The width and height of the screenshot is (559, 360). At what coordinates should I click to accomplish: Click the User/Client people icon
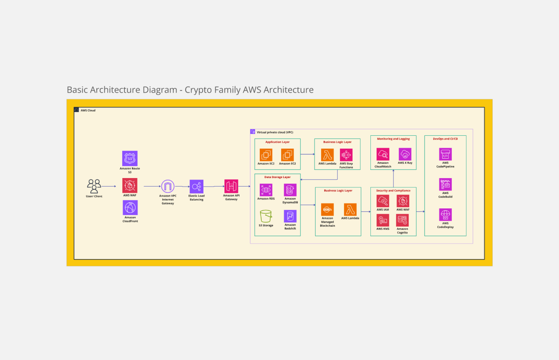coord(94,186)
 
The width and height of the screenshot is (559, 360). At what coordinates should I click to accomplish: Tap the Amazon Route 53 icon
coord(130,158)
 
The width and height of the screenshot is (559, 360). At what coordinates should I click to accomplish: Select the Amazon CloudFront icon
coord(130,208)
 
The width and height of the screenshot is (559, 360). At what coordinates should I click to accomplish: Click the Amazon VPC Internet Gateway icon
coord(168,186)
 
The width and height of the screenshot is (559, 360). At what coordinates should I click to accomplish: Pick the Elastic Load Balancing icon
coord(196,187)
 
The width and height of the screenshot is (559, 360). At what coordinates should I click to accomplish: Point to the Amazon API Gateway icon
coord(231,186)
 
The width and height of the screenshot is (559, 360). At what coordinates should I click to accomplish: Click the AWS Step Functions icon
coord(346,155)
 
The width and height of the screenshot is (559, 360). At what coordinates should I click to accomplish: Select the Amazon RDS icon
coord(266,190)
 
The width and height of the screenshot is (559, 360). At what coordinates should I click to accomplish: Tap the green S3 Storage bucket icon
coord(266,216)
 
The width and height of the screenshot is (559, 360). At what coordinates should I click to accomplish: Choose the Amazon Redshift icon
coord(290,216)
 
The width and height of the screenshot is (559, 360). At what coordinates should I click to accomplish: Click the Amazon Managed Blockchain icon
coord(327,209)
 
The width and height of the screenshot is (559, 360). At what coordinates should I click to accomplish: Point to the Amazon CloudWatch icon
coord(383,154)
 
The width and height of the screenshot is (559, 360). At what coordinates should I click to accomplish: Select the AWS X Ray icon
coord(405,154)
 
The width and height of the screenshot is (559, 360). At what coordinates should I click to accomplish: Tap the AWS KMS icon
coord(383,220)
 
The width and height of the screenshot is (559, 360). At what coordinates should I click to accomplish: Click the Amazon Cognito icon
coord(402,220)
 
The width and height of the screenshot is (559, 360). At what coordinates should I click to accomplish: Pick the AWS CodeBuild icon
coord(445,184)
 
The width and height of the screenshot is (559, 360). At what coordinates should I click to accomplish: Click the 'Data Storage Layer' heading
coord(277,177)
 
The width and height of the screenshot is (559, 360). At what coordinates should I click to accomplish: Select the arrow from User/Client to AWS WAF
coord(109,186)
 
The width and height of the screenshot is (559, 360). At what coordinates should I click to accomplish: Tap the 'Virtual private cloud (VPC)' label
coord(275,132)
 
